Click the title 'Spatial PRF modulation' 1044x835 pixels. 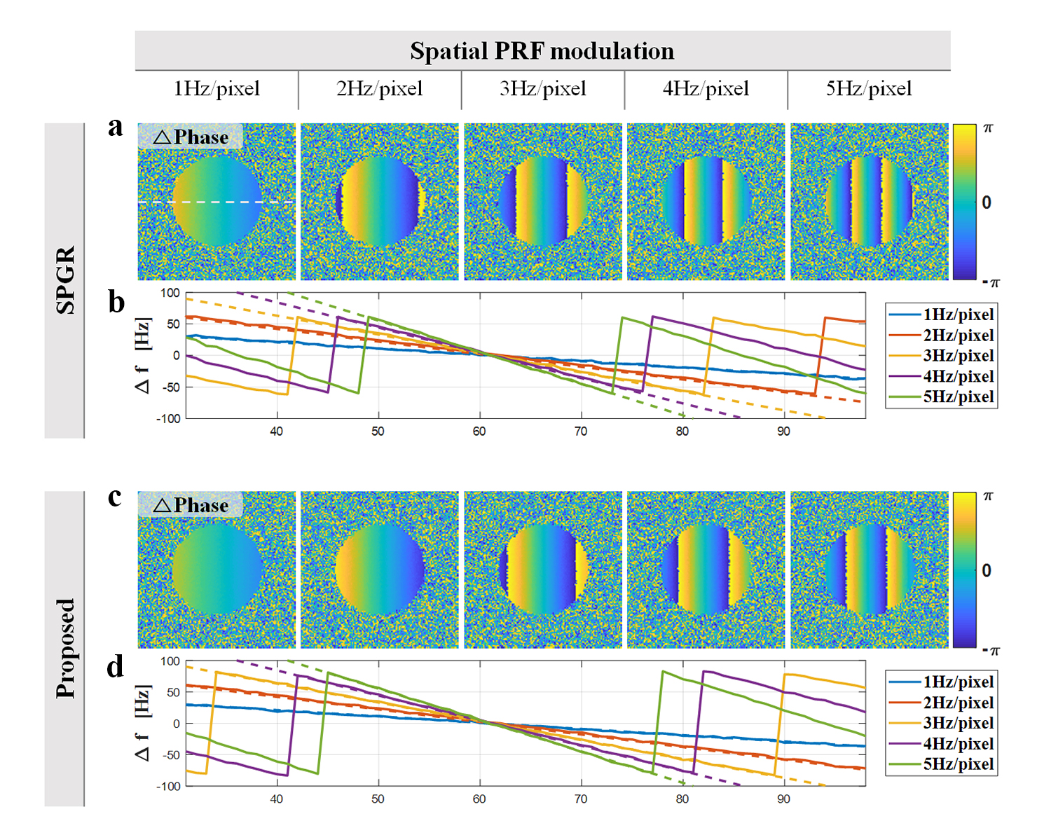click(x=542, y=51)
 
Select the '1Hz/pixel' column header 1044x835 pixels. click(x=217, y=89)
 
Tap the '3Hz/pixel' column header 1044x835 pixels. click(x=543, y=89)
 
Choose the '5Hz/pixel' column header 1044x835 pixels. click(x=869, y=89)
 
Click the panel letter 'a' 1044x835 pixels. click(x=116, y=127)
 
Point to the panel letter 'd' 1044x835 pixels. click(x=116, y=667)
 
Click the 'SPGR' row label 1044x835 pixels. click(x=65, y=280)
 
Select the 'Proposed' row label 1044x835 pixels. click(x=65, y=648)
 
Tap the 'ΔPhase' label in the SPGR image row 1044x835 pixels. click(x=191, y=137)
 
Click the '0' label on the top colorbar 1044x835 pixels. click(x=987, y=203)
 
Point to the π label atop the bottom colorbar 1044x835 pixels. click(x=988, y=496)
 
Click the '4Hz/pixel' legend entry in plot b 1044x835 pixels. click(x=958, y=376)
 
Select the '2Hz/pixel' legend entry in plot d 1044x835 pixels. click(x=958, y=703)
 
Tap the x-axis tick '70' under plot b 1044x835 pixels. click(x=581, y=432)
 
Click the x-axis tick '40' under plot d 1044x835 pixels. click(x=276, y=799)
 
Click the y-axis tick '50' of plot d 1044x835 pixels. click(x=172, y=692)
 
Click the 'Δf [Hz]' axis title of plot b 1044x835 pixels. click(x=143, y=355)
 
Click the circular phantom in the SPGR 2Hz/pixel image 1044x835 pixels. click(x=380, y=202)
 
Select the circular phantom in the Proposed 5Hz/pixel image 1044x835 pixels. click(x=870, y=570)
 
